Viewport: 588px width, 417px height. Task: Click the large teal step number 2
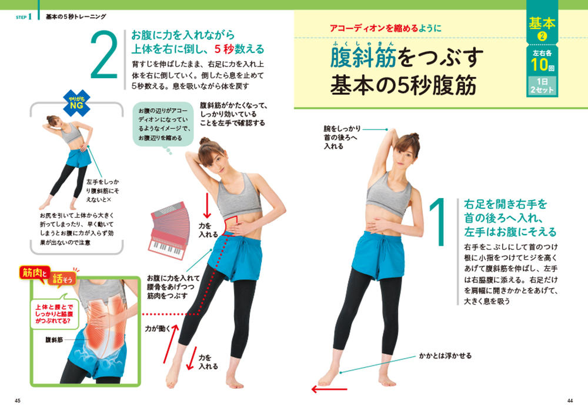[103, 55]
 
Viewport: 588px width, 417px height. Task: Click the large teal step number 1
[437, 222]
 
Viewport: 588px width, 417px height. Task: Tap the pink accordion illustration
[168, 231]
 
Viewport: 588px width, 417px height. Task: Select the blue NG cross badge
[76, 102]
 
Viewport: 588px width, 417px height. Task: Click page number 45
[18, 401]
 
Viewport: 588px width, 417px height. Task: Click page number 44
[570, 401]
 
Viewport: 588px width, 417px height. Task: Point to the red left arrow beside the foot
[329, 389]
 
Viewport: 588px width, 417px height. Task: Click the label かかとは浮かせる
[445, 355]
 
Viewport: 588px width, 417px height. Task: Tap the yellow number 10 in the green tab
[540, 65]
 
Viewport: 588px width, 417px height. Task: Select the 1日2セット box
[542, 86]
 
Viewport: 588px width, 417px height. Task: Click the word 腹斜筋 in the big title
[363, 58]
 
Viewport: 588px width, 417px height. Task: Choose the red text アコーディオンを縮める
[374, 28]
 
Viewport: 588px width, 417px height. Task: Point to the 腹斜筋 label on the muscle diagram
[54, 340]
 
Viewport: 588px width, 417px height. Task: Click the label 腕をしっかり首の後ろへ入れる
[342, 137]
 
